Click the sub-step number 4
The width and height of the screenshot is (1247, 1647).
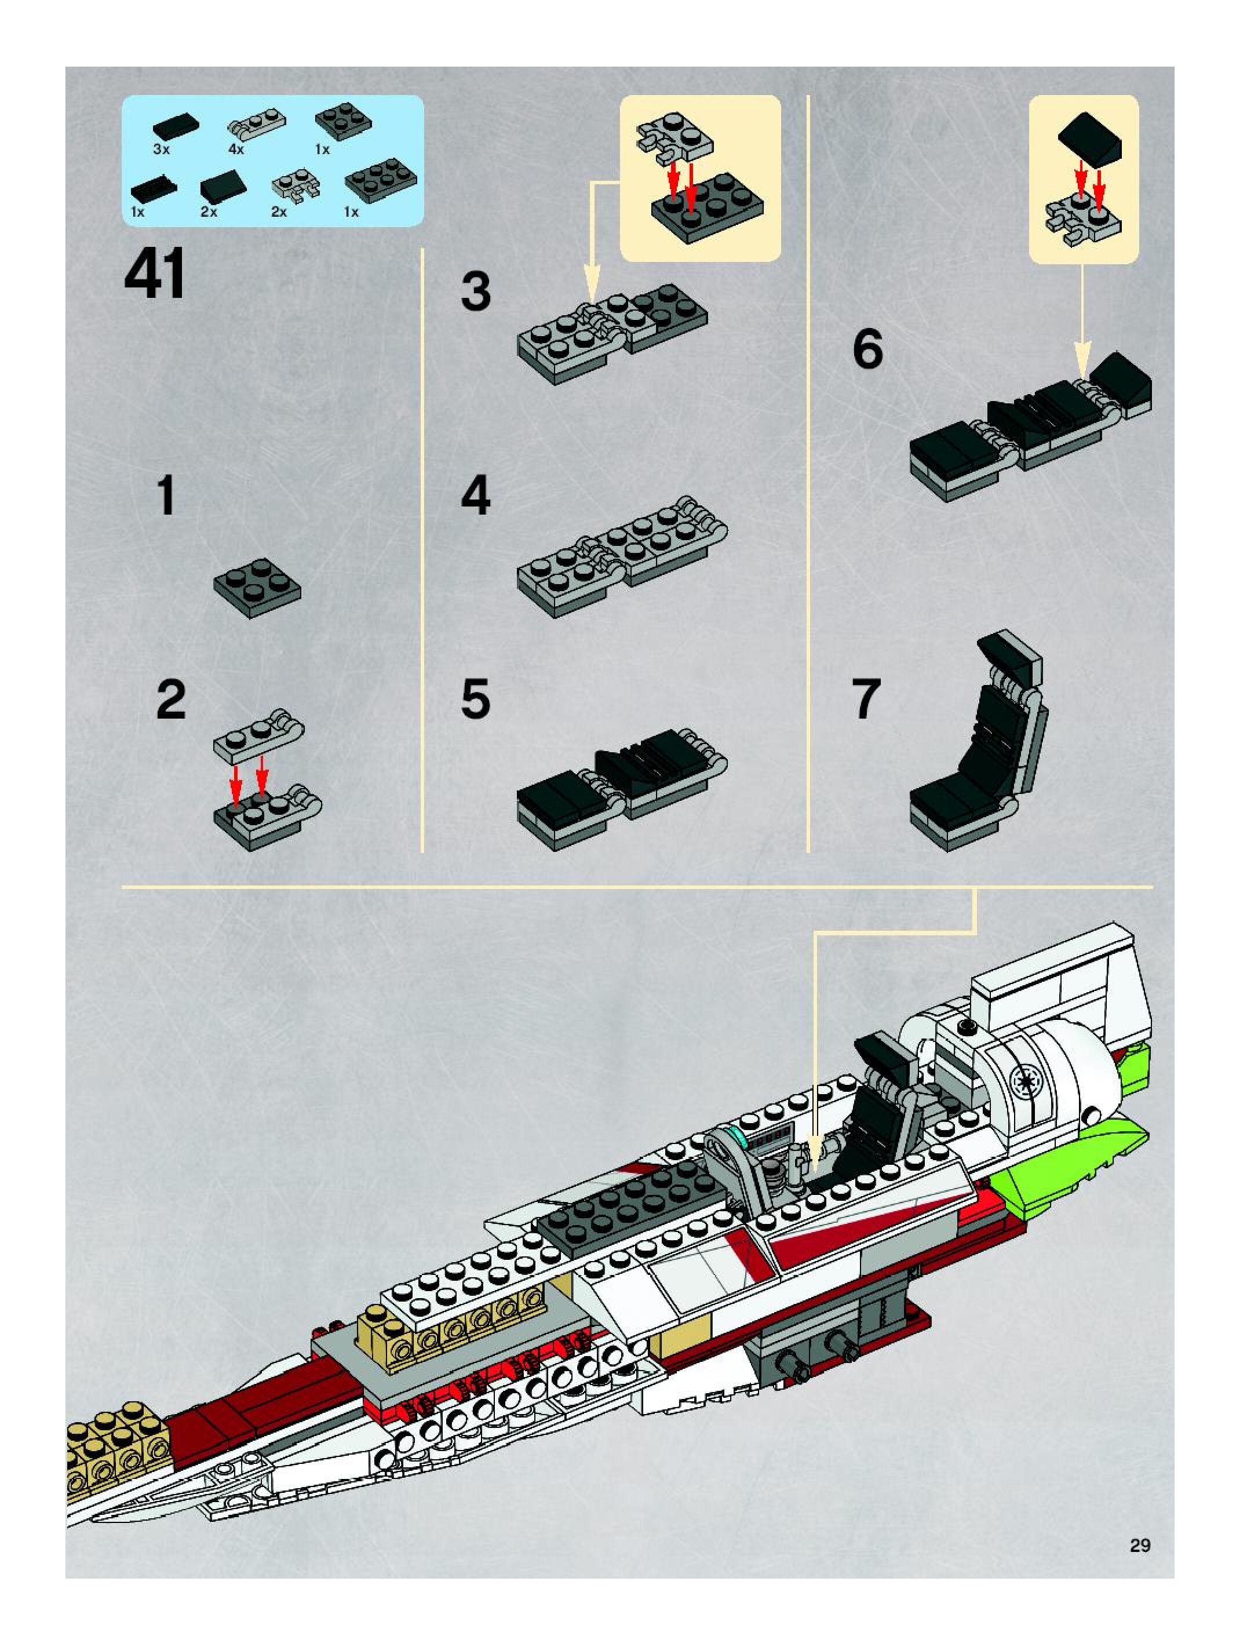tap(476, 496)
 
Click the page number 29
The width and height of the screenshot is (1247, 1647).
tap(1140, 1545)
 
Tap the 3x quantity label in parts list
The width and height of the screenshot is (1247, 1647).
tap(162, 149)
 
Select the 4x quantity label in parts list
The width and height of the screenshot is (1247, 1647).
tap(236, 149)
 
